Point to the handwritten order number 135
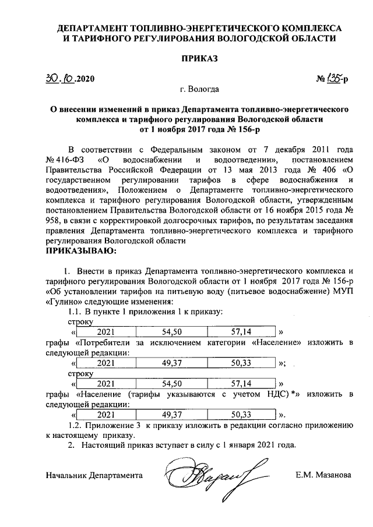[x=334, y=77]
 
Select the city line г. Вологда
[x=199, y=90]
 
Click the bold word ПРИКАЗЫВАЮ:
[x=81, y=252]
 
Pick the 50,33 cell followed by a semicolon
[x=241, y=363]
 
